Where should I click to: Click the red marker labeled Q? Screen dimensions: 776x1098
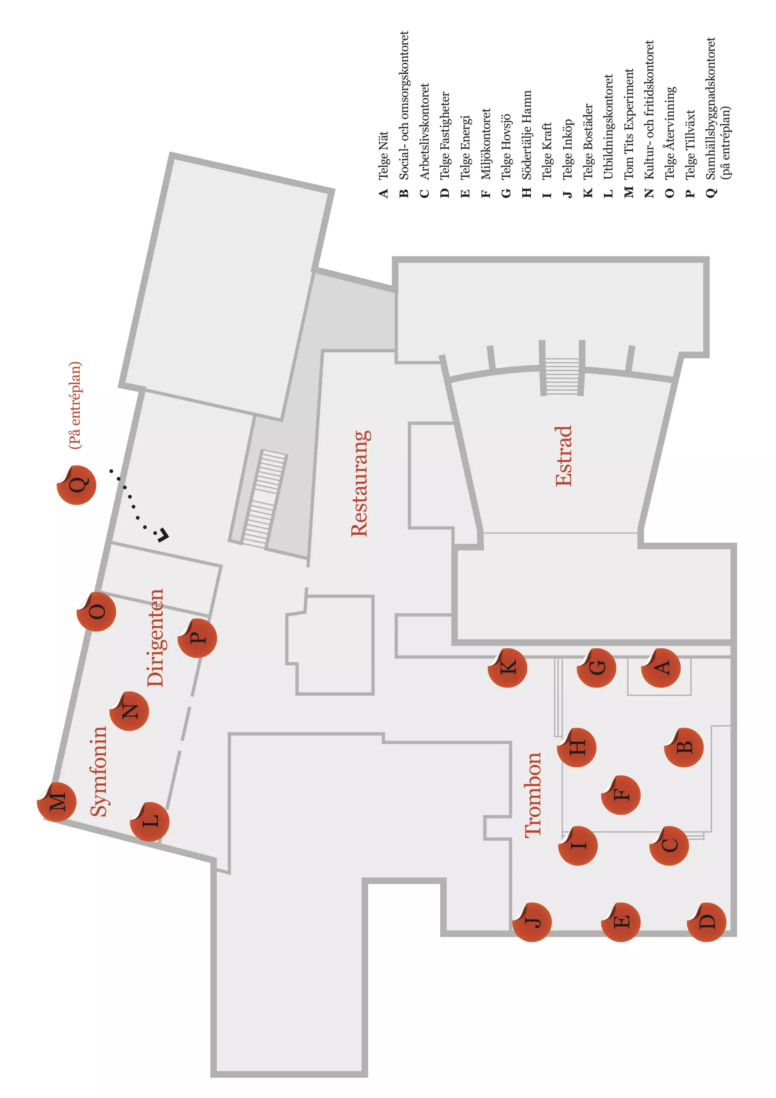click(x=77, y=485)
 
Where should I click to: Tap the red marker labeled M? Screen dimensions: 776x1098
click(x=57, y=802)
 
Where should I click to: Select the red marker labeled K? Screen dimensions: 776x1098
click(x=507, y=668)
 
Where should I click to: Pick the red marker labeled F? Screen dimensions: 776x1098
click(x=620, y=795)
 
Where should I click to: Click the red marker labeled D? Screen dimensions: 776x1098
click(x=707, y=922)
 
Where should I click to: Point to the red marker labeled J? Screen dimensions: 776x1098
click(x=532, y=922)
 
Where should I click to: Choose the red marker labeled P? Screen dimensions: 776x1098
click(x=197, y=638)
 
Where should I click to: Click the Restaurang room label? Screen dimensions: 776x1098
click(x=360, y=483)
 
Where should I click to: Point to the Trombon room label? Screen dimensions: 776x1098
click(x=533, y=795)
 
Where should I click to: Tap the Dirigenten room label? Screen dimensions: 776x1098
click(x=155, y=638)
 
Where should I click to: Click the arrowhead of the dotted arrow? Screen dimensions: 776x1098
click(x=163, y=535)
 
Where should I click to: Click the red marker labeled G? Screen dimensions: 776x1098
click(x=596, y=668)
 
